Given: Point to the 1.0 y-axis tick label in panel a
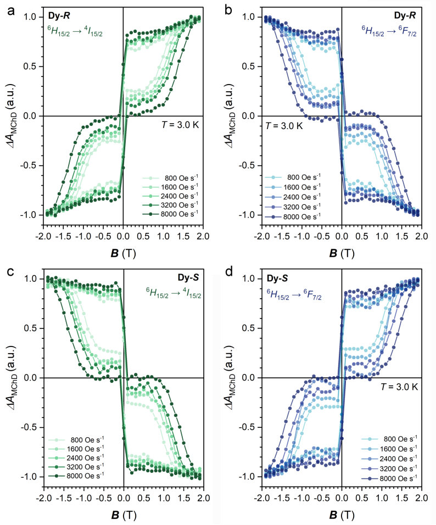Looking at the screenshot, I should point(29,17).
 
